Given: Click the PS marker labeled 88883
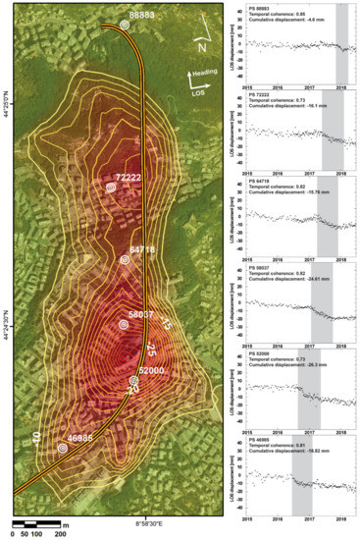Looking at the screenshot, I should click(x=125, y=25).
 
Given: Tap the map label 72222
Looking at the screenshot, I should click(x=129, y=177).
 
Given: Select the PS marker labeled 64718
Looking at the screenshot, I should click(x=125, y=260).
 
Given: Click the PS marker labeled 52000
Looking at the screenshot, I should click(x=133, y=381).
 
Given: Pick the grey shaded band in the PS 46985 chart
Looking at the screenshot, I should click(x=301, y=469).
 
